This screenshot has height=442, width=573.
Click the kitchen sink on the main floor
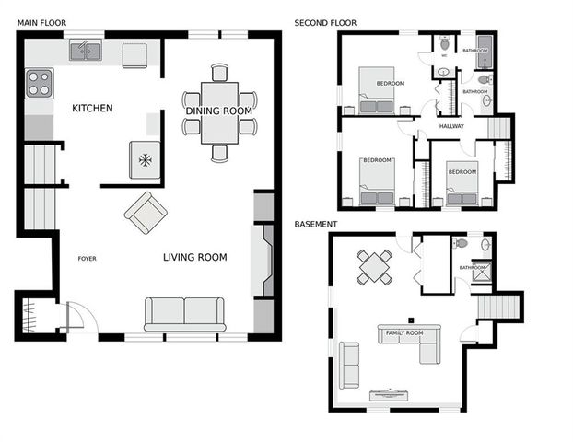[86, 51]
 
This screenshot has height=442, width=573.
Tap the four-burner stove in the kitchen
[39, 84]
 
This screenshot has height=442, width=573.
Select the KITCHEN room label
[92, 109]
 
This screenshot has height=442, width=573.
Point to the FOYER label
[87, 259]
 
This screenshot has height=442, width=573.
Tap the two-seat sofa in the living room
[184, 313]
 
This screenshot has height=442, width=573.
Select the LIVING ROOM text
[195, 258]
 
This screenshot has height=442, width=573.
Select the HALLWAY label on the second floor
[451, 127]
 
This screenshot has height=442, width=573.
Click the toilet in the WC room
[444, 43]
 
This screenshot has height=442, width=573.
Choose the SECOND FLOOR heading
[325, 22]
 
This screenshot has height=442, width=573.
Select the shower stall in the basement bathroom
[482, 271]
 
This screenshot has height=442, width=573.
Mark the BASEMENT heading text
[315, 224]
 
